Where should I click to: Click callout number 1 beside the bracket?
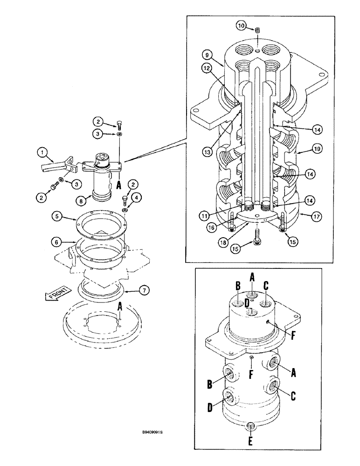pyautogui.click(x=42, y=152)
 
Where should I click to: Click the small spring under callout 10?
pyautogui.click(x=256, y=31)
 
